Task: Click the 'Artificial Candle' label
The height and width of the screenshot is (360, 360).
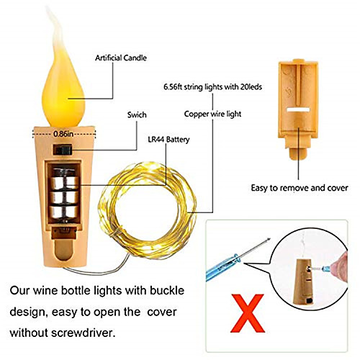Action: tap(121, 58)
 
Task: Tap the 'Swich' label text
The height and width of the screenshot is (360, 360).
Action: tap(137, 114)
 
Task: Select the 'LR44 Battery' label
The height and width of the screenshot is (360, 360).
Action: tap(168, 140)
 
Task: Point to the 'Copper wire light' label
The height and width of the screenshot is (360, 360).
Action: tap(212, 114)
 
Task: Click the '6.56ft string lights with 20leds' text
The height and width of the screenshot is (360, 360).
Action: tap(212, 86)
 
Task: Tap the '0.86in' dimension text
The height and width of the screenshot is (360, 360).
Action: tap(63, 134)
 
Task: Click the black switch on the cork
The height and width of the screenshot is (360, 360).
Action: tap(63, 150)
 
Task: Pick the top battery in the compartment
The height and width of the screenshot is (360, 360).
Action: tap(64, 183)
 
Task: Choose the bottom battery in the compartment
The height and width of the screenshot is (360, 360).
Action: tap(64, 212)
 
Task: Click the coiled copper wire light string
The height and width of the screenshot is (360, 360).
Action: tap(147, 210)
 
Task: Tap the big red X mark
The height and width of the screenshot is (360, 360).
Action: tap(248, 313)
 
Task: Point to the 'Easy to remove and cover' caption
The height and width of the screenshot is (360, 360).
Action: tap(300, 188)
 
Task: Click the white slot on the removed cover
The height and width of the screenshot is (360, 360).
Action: tap(298, 109)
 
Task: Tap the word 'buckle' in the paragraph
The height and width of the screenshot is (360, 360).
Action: tap(167, 290)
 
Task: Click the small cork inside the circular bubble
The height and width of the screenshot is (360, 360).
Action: tap(304, 282)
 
